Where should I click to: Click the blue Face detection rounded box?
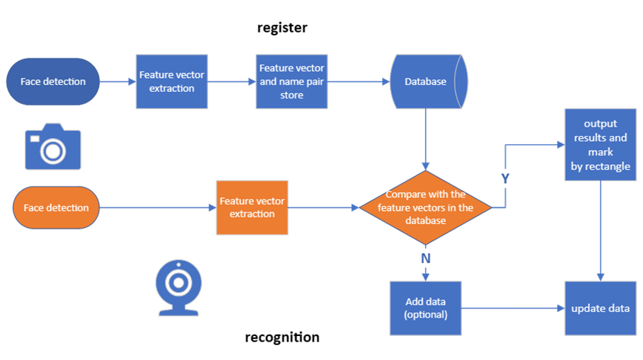[53, 81]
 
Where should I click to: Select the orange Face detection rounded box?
[56, 207]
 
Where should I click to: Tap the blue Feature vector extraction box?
[172, 81]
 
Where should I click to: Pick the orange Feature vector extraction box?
[253, 207]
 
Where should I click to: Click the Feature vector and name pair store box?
[291, 81]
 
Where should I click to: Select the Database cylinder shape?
[429, 81]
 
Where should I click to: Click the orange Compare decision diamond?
[426, 207]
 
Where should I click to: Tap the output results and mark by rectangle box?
[601, 145]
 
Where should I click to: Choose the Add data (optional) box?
[426, 308]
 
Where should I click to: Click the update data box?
[601, 308]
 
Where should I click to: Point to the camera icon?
[53, 146]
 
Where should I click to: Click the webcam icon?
[179, 288]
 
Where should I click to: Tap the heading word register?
[282, 28]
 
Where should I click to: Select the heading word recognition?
[282, 337]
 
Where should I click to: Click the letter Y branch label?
[505, 178]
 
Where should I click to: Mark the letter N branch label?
[426, 258]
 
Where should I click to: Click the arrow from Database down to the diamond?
[426, 139]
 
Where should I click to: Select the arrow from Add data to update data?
[513, 308]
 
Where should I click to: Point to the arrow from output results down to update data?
[601, 231]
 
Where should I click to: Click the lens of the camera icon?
[53, 151]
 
